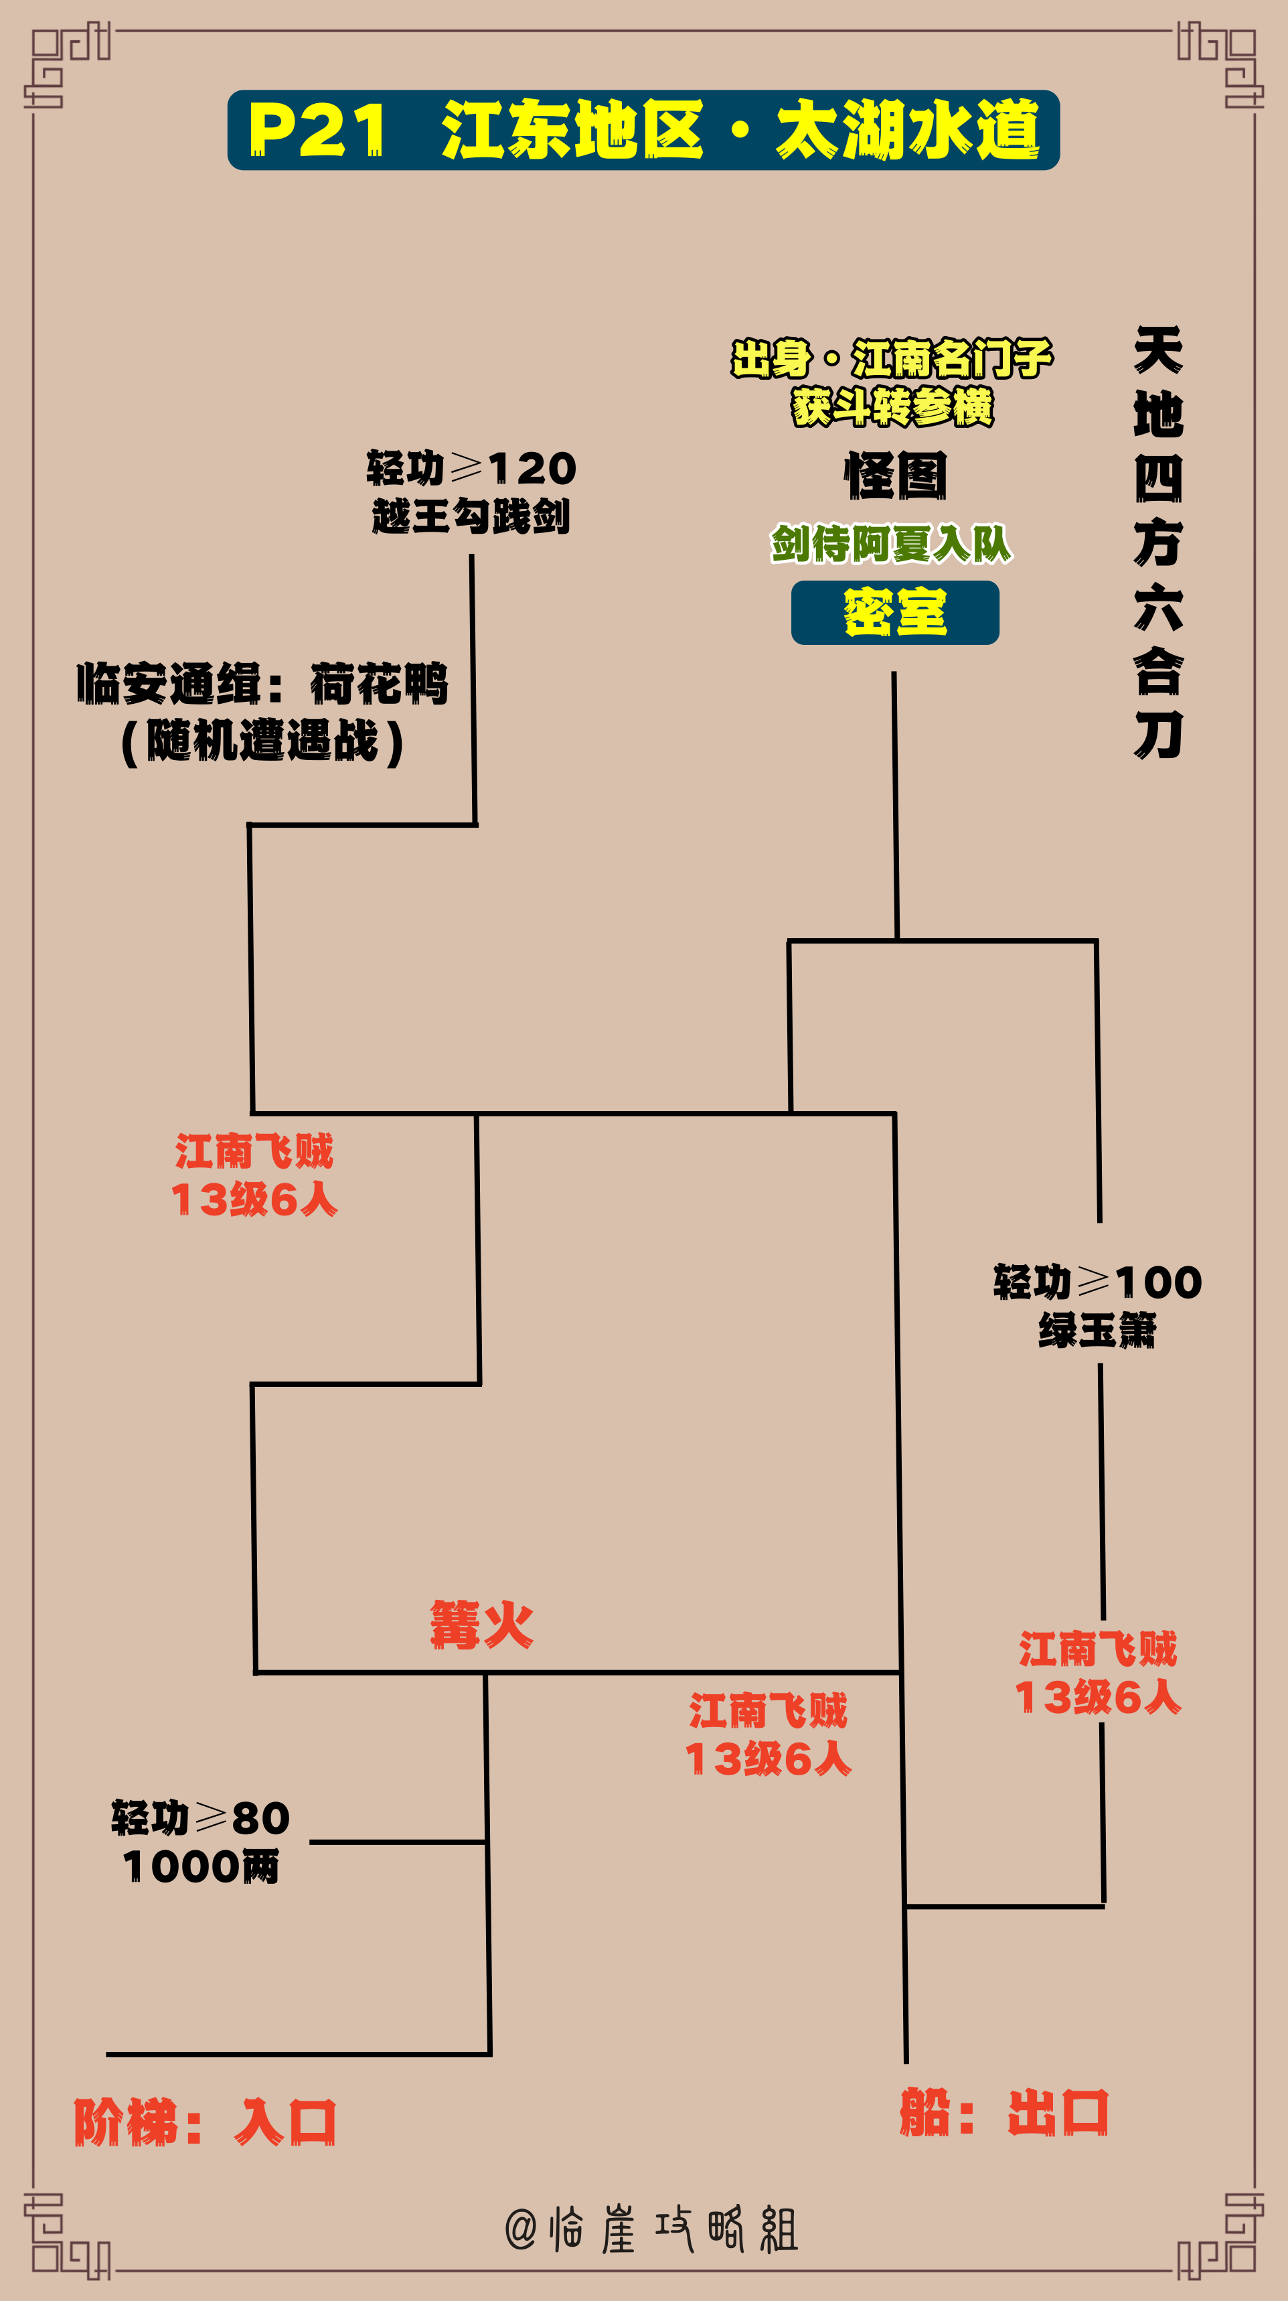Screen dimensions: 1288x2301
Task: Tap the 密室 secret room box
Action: click(895, 613)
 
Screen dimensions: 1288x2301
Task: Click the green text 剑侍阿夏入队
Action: click(892, 543)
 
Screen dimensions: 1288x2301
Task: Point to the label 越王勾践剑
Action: click(471, 516)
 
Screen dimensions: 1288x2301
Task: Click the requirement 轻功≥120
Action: click(471, 467)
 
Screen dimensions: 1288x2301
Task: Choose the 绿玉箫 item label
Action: click(1098, 1330)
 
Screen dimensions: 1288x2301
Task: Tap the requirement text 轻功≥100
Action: click(1098, 1282)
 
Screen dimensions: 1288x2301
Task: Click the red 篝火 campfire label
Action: click(481, 1624)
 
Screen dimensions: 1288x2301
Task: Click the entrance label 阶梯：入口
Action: click(205, 2122)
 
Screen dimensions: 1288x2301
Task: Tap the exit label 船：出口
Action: click(1005, 2113)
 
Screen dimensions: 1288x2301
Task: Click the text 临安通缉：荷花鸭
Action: click(262, 684)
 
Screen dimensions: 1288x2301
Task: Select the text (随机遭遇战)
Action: click(262, 741)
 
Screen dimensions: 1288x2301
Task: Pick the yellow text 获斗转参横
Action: click(892, 406)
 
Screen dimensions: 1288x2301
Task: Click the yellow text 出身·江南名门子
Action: click(892, 358)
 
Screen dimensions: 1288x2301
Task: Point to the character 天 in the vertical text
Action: click(1159, 350)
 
